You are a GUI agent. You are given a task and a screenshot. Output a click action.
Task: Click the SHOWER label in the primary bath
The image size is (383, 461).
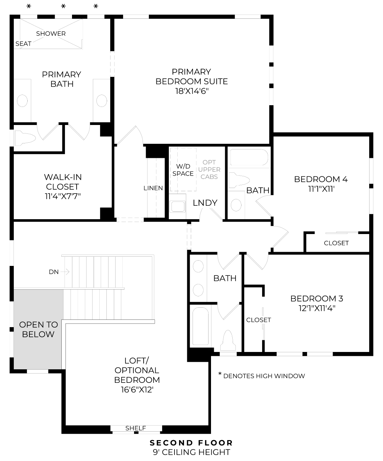pyautogui.click(x=51, y=34)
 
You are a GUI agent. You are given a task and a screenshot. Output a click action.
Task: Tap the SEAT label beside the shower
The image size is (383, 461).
pyautogui.click(x=23, y=44)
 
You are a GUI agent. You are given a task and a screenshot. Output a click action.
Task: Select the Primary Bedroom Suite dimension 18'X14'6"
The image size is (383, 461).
pyautogui.click(x=191, y=91)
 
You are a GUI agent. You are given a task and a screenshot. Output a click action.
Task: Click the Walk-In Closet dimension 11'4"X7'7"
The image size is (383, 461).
pyautogui.click(x=62, y=196)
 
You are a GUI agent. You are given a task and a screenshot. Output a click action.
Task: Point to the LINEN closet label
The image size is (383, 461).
pyautogui.click(x=153, y=188)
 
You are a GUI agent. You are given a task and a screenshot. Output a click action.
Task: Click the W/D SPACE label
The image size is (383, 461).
pyautogui.click(x=183, y=170)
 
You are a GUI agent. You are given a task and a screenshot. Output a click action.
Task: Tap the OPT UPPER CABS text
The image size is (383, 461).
pyautogui.click(x=209, y=169)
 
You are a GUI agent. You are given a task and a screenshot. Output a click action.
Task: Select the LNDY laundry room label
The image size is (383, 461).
pyautogui.click(x=205, y=203)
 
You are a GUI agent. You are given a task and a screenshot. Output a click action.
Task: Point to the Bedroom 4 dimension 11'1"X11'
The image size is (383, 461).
pyautogui.click(x=321, y=189)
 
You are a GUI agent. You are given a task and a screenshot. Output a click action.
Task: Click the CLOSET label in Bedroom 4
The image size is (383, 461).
pyautogui.click(x=336, y=243)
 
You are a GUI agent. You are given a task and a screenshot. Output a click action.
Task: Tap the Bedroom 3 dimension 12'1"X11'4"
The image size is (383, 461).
pyautogui.click(x=317, y=308)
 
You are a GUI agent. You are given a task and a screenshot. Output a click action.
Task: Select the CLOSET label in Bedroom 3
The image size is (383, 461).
pyautogui.click(x=259, y=320)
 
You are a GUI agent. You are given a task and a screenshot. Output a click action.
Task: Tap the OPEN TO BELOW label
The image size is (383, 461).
pyautogui.click(x=38, y=329)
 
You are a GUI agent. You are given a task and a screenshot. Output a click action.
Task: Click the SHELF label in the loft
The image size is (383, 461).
pyautogui.click(x=135, y=428)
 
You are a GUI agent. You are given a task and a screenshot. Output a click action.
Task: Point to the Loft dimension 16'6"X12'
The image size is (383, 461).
pyautogui.click(x=137, y=390)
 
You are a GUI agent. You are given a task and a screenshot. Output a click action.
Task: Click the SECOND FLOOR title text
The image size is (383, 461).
pyautogui.click(x=191, y=443)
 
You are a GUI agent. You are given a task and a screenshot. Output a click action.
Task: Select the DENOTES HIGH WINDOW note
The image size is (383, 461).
pyautogui.click(x=264, y=376)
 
